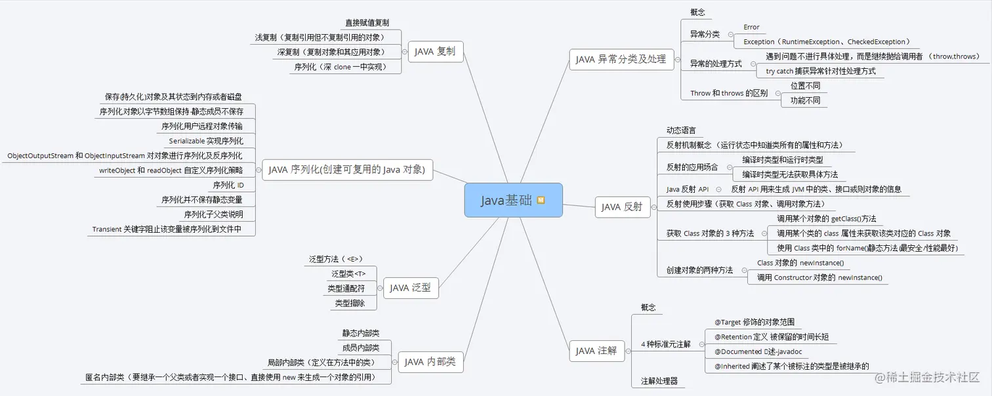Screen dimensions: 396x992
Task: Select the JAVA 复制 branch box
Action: click(x=434, y=52)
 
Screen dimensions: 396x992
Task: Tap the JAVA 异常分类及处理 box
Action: click(x=621, y=60)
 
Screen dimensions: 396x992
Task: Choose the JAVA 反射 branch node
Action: click(x=621, y=207)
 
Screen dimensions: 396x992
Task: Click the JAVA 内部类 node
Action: click(x=430, y=361)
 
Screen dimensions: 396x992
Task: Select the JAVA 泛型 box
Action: click(x=410, y=287)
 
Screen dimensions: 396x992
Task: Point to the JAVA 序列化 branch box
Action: click(x=347, y=170)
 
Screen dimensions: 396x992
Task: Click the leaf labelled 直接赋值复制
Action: click(x=371, y=23)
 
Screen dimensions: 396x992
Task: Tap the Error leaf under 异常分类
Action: click(x=751, y=28)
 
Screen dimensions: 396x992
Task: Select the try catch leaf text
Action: click(x=821, y=71)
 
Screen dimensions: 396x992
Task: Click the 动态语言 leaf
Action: click(x=681, y=130)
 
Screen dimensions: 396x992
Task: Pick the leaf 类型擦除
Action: click(x=350, y=304)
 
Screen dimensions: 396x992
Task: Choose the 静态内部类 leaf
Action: click(x=360, y=333)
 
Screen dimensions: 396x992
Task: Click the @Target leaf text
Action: click(x=754, y=322)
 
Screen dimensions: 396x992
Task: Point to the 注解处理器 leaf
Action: click(x=659, y=381)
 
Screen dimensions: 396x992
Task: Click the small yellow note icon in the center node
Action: click(x=541, y=200)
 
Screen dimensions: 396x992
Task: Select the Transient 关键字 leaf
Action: click(x=167, y=229)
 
